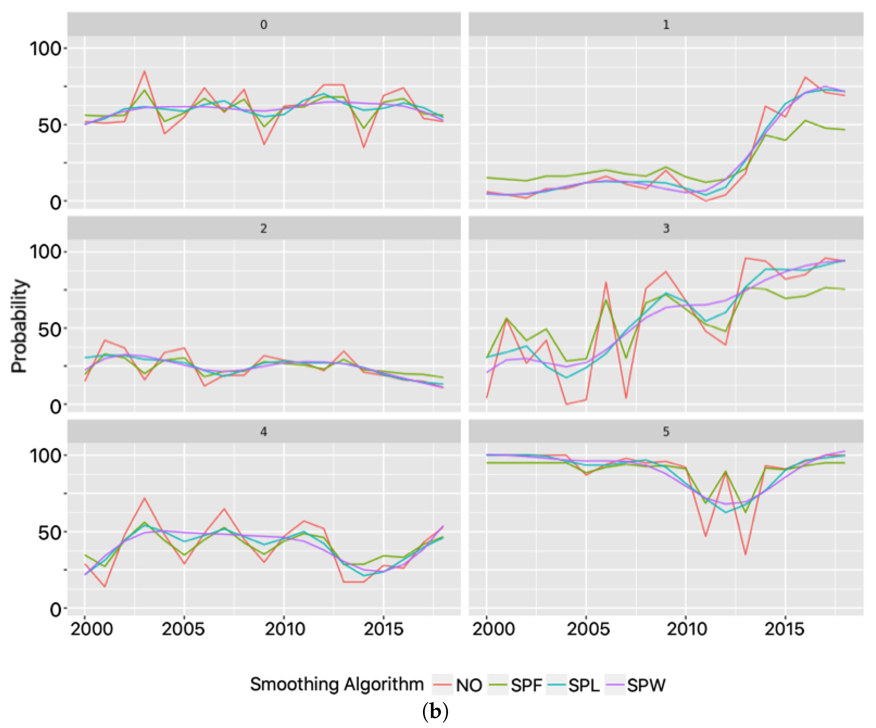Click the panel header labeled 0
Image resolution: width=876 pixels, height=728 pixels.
(264, 24)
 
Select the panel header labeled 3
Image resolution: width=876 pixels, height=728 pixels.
(666, 228)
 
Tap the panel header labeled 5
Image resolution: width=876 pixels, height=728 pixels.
(666, 432)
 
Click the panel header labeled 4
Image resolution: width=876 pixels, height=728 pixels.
(264, 432)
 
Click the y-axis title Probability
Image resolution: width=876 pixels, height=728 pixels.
(19, 326)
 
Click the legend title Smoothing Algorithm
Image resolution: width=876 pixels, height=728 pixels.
(337, 684)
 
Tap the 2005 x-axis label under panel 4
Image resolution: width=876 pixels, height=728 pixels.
(183, 629)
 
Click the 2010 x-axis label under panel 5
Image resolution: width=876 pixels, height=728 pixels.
(686, 629)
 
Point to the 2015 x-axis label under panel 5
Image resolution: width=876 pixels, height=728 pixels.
(784, 629)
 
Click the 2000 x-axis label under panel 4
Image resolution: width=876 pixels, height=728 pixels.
(91, 629)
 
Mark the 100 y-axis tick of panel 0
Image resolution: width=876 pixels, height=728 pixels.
(45, 49)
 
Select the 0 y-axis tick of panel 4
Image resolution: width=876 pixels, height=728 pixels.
(55, 610)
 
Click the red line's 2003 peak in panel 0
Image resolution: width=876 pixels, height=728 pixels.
(144, 71)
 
